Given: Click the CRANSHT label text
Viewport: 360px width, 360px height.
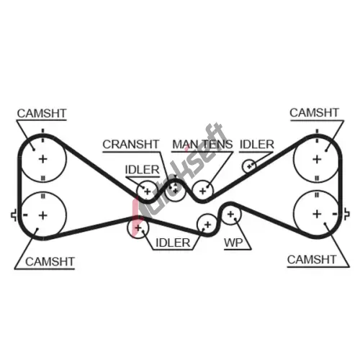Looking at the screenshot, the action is click(x=131, y=144).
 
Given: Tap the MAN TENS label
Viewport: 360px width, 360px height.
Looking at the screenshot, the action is click(x=202, y=144).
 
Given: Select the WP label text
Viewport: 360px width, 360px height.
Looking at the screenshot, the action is click(x=233, y=243).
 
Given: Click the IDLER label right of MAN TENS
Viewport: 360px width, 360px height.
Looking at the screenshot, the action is click(x=257, y=144).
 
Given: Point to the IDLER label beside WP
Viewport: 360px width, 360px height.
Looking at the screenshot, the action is click(x=173, y=243).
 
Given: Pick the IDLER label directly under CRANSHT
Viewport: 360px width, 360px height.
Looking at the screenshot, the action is click(x=142, y=170).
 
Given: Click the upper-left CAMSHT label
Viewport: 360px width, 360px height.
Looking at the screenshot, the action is click(x=42, y=113).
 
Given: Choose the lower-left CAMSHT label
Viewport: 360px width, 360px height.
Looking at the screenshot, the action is click(x=50, y=261).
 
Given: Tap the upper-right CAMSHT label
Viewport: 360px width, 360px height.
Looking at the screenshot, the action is click(x=314, y=112).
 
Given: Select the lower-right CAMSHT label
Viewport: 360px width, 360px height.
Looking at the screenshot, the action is click(x=312, y=259).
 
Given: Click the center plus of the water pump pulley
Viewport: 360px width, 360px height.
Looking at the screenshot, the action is click(x=230, y=214).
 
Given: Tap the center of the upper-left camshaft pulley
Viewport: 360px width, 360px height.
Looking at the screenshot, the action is click(x=43, y=159).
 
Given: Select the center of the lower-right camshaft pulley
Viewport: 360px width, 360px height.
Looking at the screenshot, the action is click(x=317, y=214).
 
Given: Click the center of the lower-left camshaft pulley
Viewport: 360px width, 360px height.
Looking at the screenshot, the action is click(x=43, y=215).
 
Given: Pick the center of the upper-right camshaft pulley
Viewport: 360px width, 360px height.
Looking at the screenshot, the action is click(x=317, y=159).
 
